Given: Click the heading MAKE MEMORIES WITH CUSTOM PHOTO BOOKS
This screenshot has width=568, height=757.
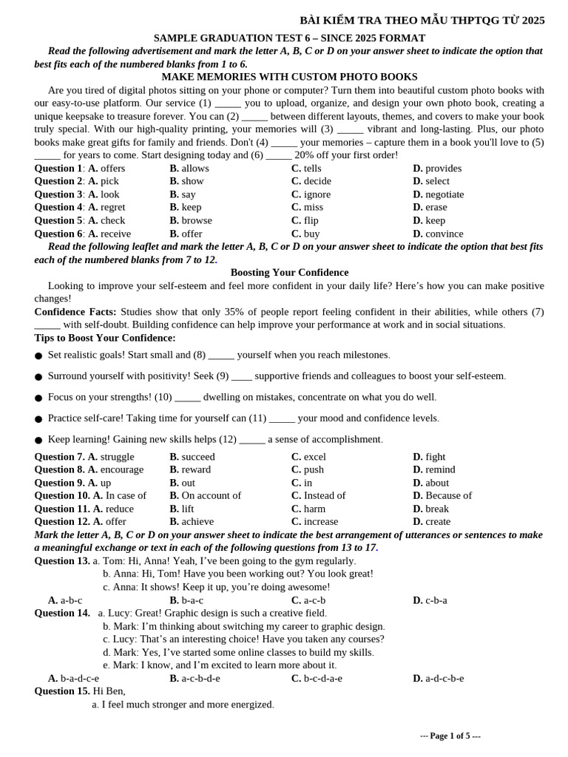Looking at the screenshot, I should pos(289,77).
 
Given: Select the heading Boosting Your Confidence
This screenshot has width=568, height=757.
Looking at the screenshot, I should pos(289,273).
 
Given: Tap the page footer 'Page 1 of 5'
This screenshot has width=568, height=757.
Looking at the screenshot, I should pos(450,736).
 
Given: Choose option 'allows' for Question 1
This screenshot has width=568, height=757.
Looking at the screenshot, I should pos(195,169).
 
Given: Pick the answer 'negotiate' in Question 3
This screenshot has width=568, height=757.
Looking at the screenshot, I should pos(444,194).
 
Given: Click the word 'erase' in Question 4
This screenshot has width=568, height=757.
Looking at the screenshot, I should pos(436,208).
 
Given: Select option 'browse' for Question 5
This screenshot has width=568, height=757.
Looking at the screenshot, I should pos(196,220).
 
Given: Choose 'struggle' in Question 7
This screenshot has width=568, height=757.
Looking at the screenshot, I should pos(117,457).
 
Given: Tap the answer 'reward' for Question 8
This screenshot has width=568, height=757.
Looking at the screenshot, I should pos(195,470).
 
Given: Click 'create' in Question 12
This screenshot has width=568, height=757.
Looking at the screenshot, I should pos(437,522).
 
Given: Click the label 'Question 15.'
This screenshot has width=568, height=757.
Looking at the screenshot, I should pos(62,691).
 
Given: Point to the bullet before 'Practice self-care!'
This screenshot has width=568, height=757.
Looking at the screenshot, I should pos(38,419).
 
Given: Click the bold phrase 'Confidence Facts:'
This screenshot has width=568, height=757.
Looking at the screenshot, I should pos(75,312).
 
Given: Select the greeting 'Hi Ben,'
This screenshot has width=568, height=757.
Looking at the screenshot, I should pos(109,691).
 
